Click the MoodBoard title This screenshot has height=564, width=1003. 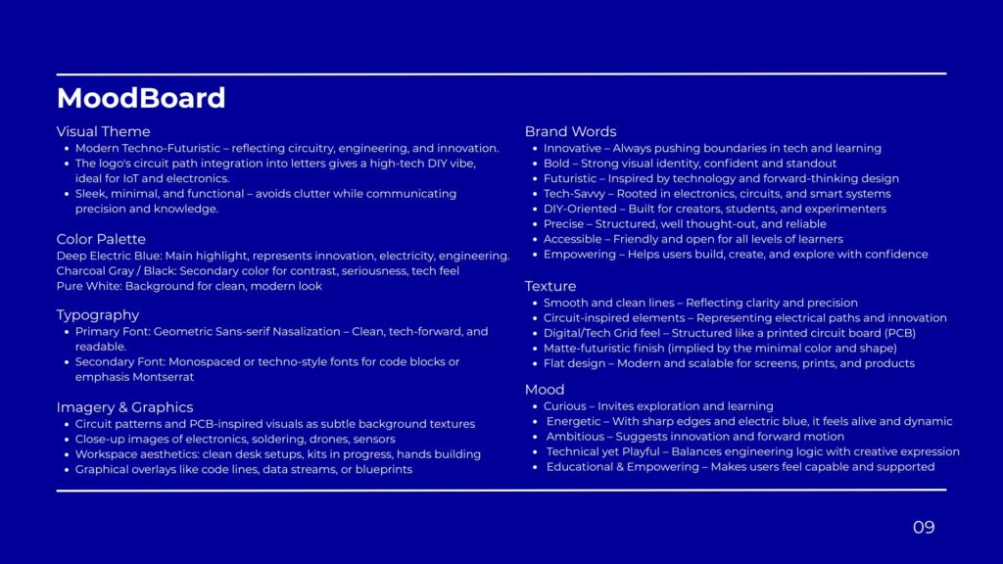141,98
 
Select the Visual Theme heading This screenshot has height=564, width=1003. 103,131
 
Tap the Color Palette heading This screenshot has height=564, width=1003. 101,239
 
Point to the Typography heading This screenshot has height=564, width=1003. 98,315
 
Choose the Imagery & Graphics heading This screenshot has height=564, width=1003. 124,407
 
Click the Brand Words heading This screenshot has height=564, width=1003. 570,131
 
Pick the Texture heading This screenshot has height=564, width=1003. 550,286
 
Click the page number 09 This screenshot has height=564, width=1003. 924,528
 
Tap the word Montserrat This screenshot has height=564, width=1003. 164,377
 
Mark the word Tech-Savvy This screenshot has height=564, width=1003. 574,194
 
